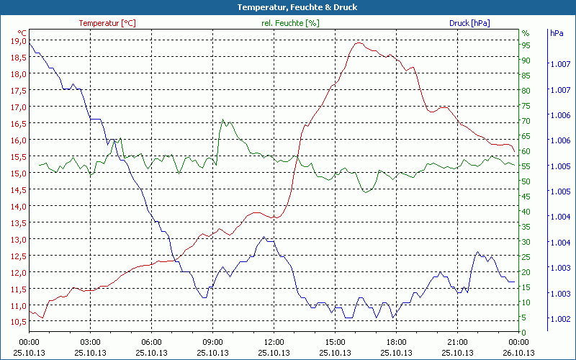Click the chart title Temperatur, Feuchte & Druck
click(287, 7)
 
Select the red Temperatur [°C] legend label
click(107, 23)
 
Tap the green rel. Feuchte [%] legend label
click(289, 23)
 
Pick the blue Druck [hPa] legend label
click(469, 23)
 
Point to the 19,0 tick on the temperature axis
click(17, 41)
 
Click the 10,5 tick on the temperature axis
click(17, 322)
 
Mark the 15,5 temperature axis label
click(17, 156)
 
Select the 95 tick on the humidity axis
click(526, 45)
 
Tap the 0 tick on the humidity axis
click(523, 332)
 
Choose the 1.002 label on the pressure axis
click(559, 319)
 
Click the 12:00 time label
click(274, 342)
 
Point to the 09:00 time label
click(213, 342)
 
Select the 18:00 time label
click(397, 342)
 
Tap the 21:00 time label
click(458, 342)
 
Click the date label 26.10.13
click(519, 353)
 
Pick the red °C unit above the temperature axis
click(22, 33)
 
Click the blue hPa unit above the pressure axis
click(557, 33)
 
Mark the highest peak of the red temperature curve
click(359, 42)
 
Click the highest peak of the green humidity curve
click(222, 120)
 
